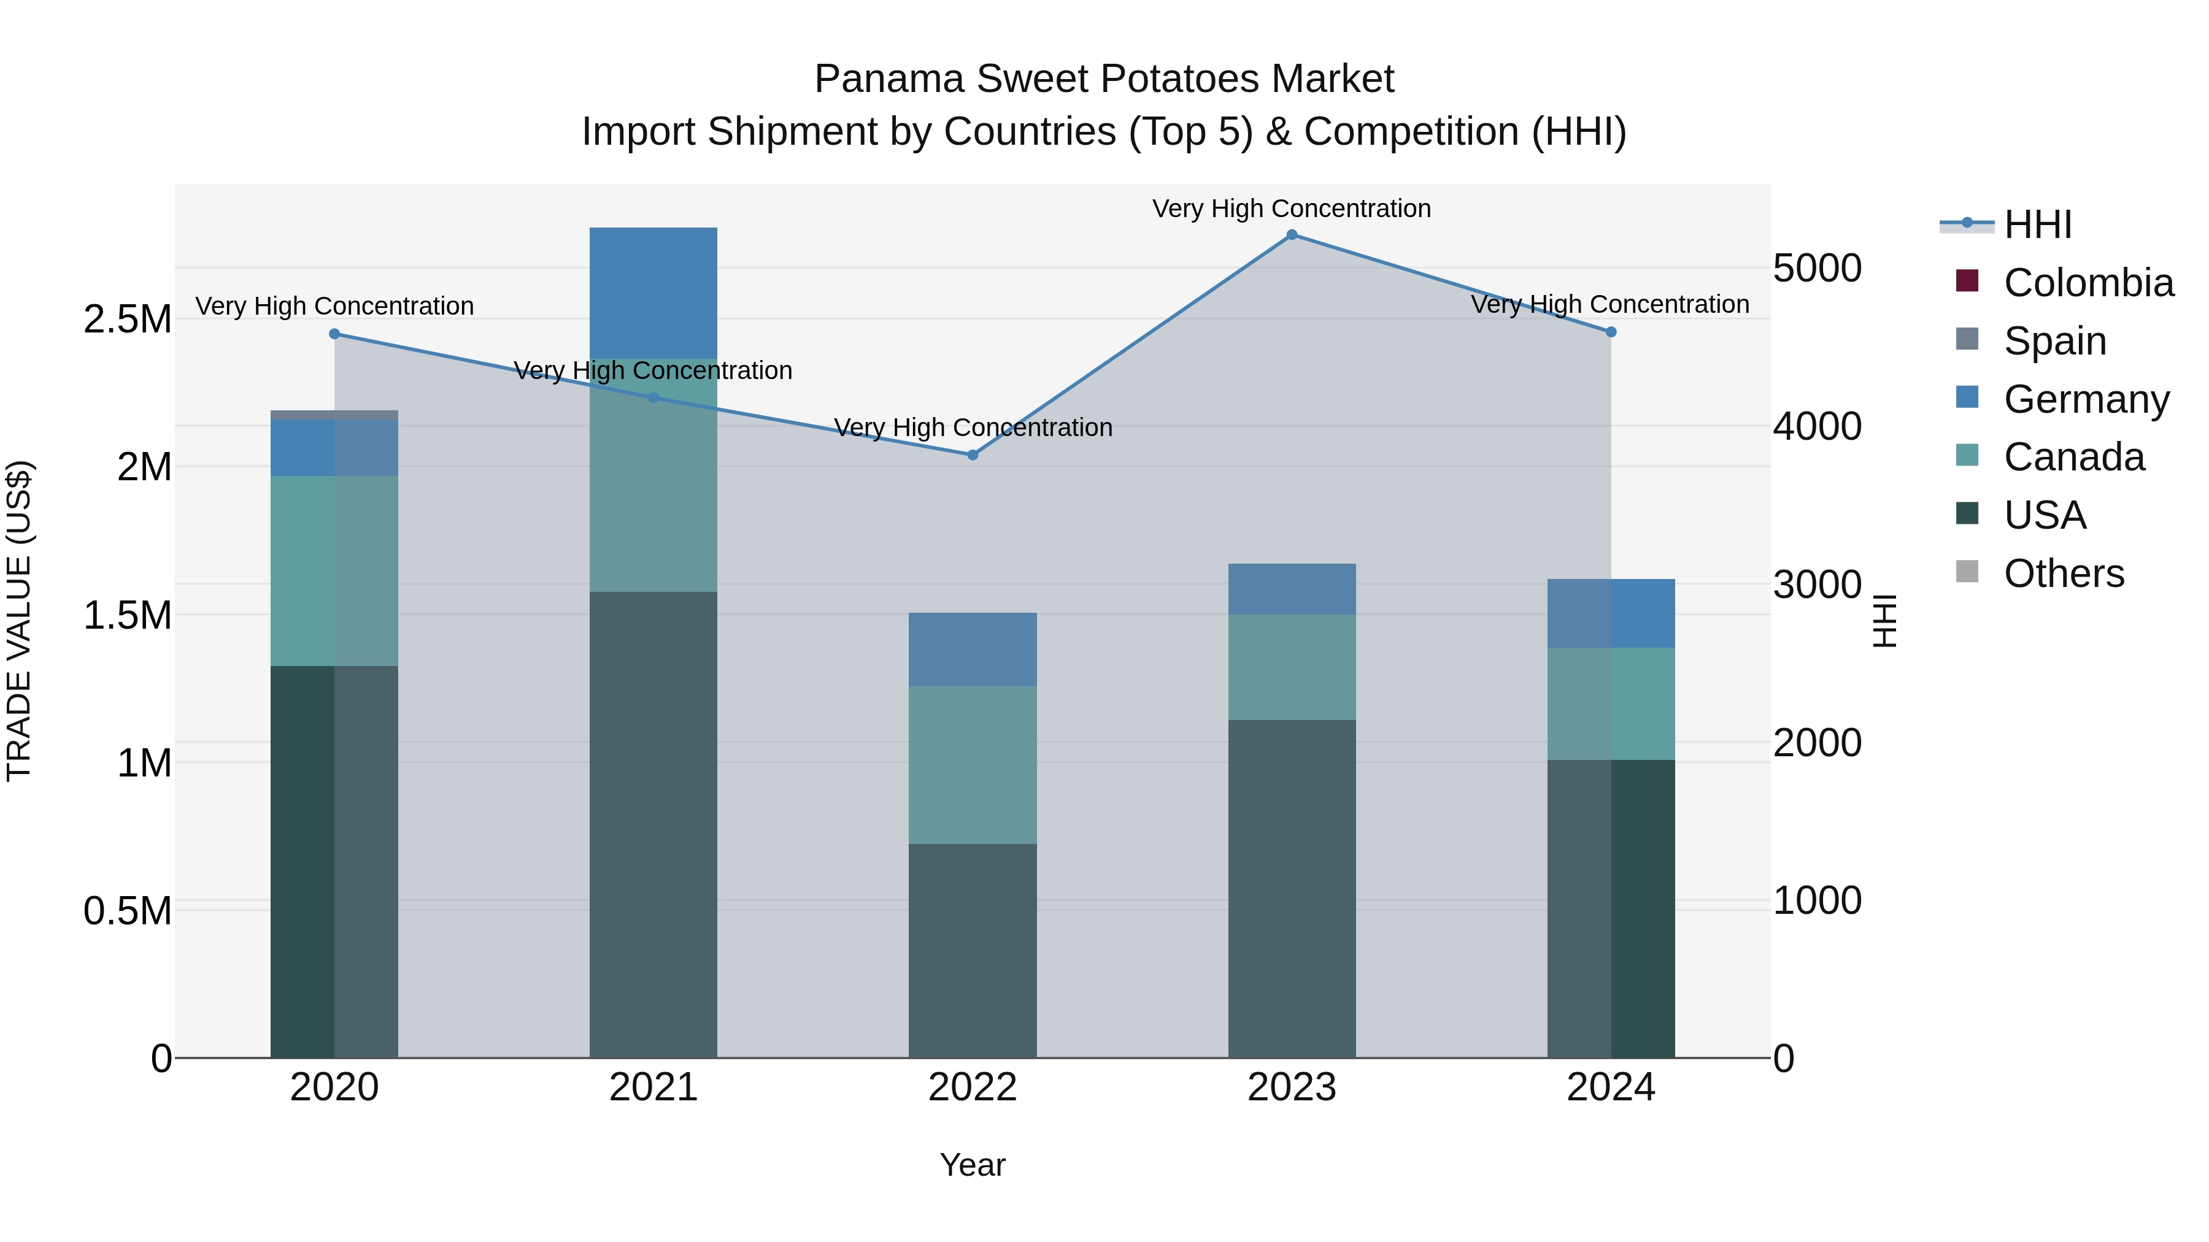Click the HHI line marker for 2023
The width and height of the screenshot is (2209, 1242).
[x=1292, y=235]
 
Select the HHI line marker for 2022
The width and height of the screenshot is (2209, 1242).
[x=973, y=455]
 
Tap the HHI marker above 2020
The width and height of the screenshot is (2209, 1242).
[x=334, y=334]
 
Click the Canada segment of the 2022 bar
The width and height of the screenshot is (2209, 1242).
[x=973, y=765]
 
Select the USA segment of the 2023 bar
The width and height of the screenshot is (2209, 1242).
[x=1292, y=888]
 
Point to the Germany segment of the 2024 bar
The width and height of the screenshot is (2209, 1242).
[x=1611, y=614]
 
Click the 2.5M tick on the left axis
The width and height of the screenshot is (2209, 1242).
[x=127, y=320]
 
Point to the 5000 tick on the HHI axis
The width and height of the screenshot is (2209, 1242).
[x=1817, y=268]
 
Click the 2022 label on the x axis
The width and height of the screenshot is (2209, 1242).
[x=973, y=1087]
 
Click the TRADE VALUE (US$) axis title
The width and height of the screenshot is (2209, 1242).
[x=19, y=621]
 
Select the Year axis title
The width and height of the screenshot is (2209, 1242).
[x=973, y=1165]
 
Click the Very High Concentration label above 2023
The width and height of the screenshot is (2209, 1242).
[x=1292, y=209]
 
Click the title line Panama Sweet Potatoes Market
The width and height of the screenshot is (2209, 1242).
[x=1104, y=79]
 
